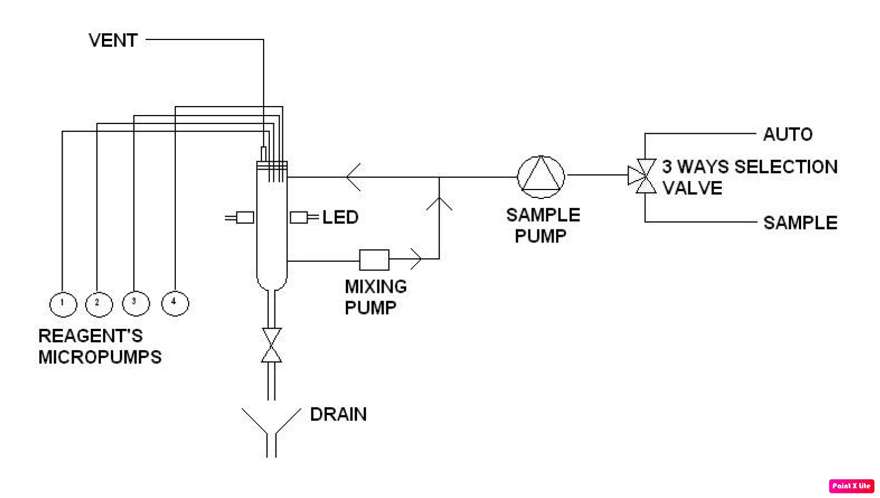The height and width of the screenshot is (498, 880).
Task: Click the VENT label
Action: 113,41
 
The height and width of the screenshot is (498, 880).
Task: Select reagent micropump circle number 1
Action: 63,305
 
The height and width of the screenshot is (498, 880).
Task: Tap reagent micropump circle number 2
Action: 99,305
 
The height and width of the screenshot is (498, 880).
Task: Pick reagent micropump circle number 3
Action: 136,303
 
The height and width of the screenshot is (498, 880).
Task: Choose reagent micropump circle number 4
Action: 175,303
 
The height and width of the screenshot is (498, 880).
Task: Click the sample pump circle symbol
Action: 541,177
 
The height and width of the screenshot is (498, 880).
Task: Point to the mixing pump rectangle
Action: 374,260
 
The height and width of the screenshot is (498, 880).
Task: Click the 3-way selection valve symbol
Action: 644,176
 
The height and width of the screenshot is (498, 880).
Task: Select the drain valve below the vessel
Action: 272,345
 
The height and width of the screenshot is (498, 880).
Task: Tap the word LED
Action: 340,218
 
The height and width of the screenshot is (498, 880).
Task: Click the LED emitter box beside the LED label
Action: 299,218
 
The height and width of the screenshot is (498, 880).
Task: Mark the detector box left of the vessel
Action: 245,218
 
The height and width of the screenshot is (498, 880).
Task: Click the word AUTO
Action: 788,135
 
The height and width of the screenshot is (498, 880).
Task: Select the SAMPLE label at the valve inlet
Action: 800,223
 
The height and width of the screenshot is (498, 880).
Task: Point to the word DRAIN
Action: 338,415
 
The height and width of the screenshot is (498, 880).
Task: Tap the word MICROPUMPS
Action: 100,358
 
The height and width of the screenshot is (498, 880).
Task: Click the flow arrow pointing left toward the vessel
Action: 354,177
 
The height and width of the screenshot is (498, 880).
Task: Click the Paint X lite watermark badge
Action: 851,486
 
